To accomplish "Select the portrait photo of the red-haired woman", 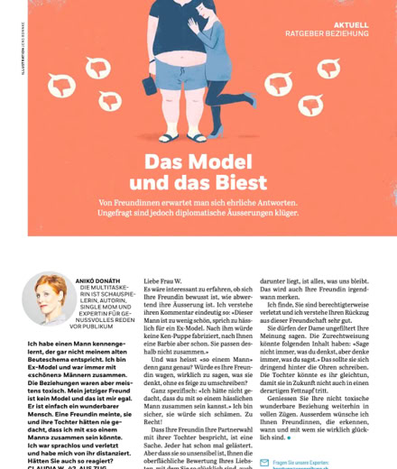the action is [49, 299].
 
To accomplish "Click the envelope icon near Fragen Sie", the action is [263, 462].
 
